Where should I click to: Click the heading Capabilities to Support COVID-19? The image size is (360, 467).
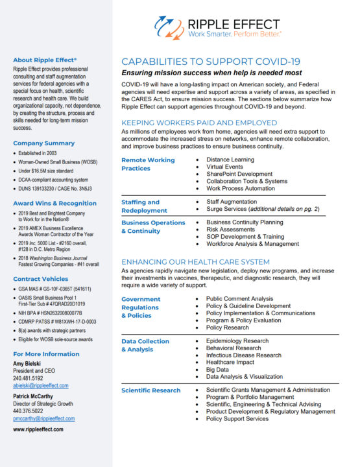tap(211, 62)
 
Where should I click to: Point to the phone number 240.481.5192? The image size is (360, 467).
tap(30, 377)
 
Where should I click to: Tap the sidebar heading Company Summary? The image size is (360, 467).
tap(43, 143)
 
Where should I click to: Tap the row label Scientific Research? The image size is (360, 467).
tap(151, 390)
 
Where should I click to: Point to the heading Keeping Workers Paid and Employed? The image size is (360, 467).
tap(198, 123)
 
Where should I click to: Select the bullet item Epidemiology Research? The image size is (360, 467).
tap(237, 341)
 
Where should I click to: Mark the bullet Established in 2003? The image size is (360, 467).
tap(43, 154)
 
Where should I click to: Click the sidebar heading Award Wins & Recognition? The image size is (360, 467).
tap(54, 203)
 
